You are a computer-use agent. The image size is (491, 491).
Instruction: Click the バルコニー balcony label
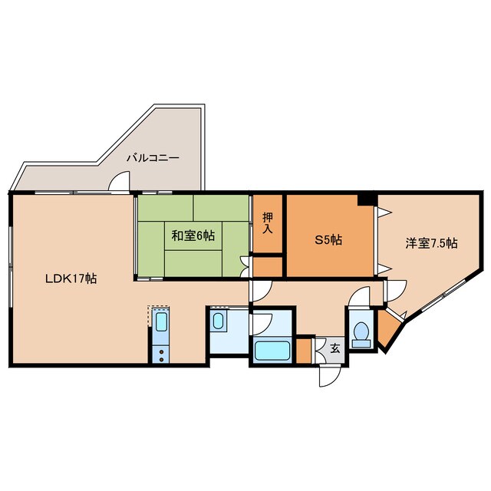(x=153, y=157)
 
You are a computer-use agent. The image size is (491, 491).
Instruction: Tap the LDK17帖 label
(x=71, y=278)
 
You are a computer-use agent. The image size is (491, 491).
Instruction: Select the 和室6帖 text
(x=193, y=236)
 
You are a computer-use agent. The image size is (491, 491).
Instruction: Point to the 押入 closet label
(x=268, y=222)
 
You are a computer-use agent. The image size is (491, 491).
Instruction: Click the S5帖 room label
(x=328, y=240)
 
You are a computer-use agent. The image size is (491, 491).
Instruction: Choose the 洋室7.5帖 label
(x=431, y=243)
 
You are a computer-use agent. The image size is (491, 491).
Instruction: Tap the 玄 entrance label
(x=335, y=348)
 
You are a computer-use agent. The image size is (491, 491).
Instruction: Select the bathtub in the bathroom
(x=272, y=351)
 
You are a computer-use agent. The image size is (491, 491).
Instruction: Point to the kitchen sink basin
(x=161, y=321)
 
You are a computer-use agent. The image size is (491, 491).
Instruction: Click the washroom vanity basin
(x=218, y=321)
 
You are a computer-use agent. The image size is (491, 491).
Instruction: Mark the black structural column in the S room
(x=367, y=199)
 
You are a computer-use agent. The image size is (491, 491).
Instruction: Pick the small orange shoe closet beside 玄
(x=304, y=351)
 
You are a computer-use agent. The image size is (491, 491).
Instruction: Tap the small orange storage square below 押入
(x=268, y=267)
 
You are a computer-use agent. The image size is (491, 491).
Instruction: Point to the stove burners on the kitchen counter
(x=161, y=355)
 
